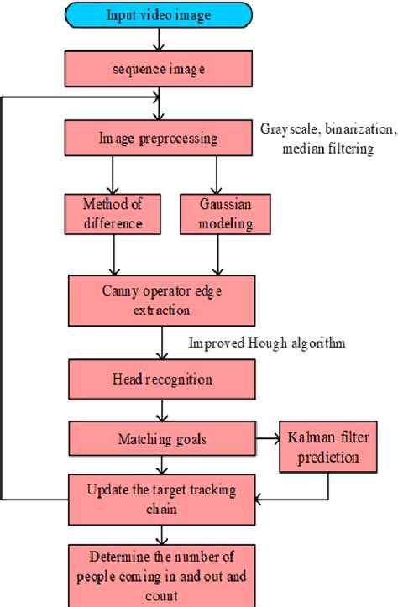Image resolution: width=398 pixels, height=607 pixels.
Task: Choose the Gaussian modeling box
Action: coord(217,215)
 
